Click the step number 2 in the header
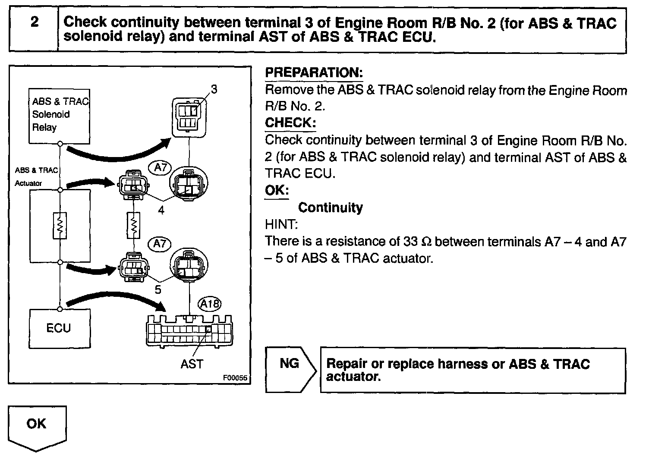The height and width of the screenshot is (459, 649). (x=35, y=22)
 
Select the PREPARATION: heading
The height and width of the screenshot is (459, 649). (x=314, y=72)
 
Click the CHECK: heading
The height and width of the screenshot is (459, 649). (x=290, y=123)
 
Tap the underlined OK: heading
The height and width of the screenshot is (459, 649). (x=277, y=190)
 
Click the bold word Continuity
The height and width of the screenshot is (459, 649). (x=331, y=207)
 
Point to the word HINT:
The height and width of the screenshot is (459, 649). (x=281, y=224)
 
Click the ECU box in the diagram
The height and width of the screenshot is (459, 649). (x=59, y=328)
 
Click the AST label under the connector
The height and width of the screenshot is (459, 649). (x=192, y=364)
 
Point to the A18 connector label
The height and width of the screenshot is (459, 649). (x=210, y=304)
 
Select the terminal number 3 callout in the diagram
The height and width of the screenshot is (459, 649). (x=214, y=89)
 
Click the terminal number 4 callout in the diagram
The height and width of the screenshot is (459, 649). (x=161, y=211)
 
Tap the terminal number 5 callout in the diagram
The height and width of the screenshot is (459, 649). (x=158, y=290)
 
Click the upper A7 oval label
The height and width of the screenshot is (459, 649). (x=160, y=167)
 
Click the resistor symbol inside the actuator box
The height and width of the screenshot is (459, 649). (x=60, y=225)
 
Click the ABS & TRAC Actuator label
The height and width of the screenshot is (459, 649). (x=35, y=176)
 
